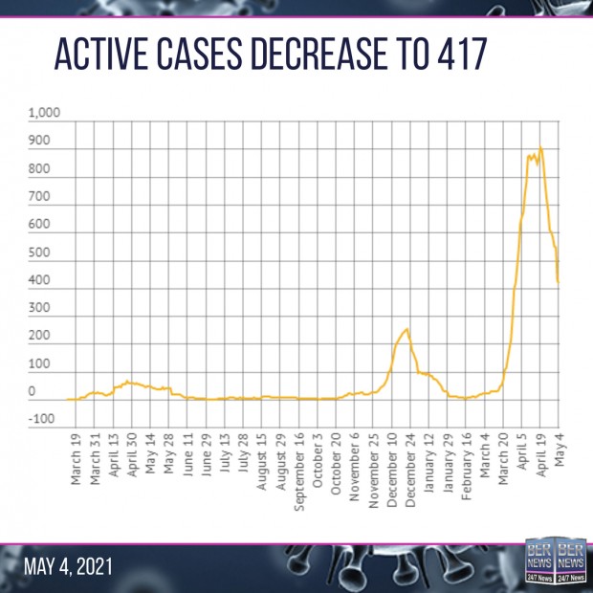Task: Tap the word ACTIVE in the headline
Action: click(100, 56)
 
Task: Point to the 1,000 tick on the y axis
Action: click(44, 114)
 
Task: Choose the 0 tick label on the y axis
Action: click(32, 391)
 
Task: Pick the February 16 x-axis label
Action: click(467, 470)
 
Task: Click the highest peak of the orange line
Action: click(541, 147)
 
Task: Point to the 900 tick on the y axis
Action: click(38, 142)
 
